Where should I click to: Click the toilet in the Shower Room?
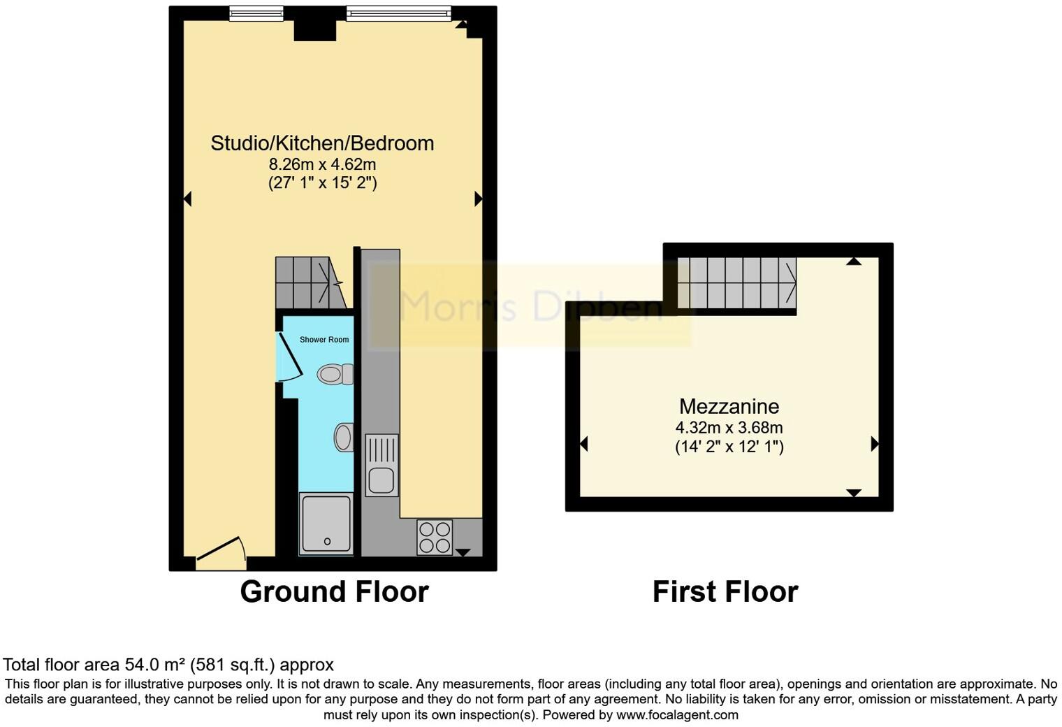click(x=335, y=375)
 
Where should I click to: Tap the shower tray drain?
click(x=327, y=542)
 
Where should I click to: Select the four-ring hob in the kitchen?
click(x=435, y=538)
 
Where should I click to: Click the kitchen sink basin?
click(x=381, y=481)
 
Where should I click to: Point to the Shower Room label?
click(x=324, y=340)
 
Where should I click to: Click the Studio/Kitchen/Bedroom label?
click(x=322, y=143)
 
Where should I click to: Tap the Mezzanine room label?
click(x=729, y=406)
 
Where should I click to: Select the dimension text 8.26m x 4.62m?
click(x=322, y=165)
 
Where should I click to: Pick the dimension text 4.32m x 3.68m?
click(x=729, y=427)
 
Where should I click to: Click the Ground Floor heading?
click(x=334, y=592)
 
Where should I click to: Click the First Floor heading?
click(x=725, y=592)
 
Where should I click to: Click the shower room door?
click(x=289, y=357)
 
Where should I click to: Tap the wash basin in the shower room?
click(x=343, y=438)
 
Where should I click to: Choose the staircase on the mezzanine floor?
click(x=736, y=283)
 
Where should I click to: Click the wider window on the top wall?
click(x=398, y=13)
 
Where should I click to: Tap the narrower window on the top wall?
click(x=256, y=13)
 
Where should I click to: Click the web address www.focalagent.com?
click(x=676, y=715)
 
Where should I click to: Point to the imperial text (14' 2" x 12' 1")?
click(x=729, y=447)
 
